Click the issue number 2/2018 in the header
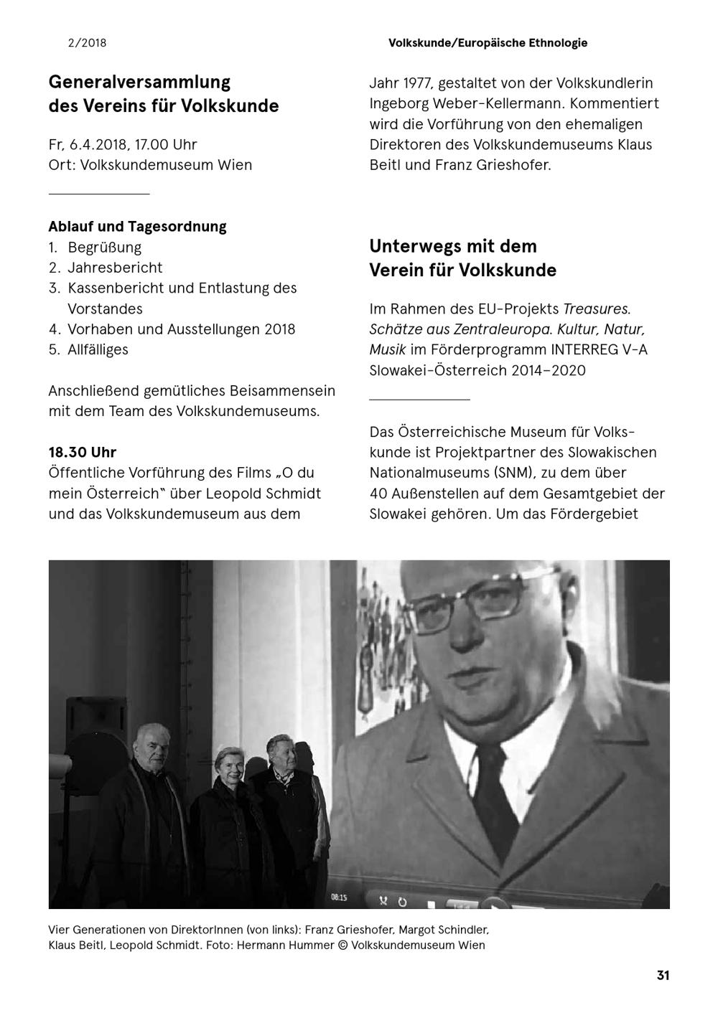pos(87,43)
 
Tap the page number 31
pos(663,975)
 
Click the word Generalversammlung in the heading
pos(139,82)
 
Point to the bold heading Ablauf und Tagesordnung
pos(137,227)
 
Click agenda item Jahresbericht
pos(115,268)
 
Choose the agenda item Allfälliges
pos(98,349)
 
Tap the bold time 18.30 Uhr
pos(82,453)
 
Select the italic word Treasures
pos(597,309)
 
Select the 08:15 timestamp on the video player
pos(338,897)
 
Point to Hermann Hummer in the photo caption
pos(285,945)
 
